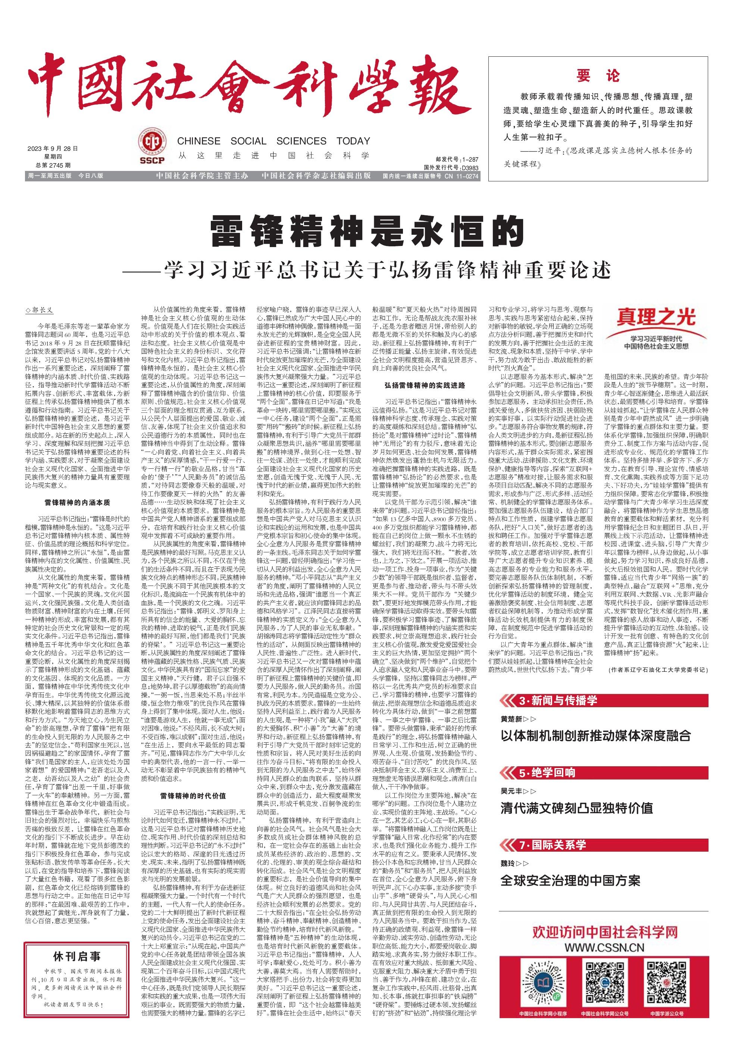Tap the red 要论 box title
click(598, 75)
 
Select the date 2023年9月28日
click(53, 149)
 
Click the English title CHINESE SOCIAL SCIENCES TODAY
click(273, 141)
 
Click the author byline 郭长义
click(40, 311)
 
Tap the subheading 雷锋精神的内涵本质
click(77, 502)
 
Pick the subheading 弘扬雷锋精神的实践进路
click(425, 385)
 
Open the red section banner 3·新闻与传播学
click(558, 701)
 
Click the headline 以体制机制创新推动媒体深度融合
click(595, 735)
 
